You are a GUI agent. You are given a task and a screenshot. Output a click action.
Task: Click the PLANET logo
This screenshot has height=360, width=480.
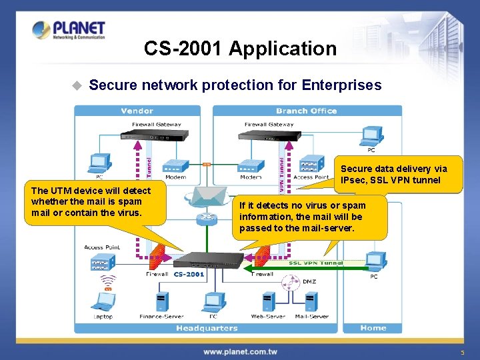click(x=69, y=31)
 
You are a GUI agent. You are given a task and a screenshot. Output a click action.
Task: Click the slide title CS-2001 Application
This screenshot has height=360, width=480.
click(x=240, y=49)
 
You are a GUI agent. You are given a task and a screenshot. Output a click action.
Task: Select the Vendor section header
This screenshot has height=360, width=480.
click(x=137, y=111)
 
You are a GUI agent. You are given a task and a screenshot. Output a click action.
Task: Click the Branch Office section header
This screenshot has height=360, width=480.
click(x=306, y=111)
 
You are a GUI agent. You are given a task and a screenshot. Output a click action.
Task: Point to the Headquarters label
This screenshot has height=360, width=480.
click(x=207, y=328)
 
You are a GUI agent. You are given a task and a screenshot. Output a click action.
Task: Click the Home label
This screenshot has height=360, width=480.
click(x=373, y=327)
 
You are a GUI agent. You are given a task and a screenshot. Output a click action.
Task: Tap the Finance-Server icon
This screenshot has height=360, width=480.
click(x=161, y=301)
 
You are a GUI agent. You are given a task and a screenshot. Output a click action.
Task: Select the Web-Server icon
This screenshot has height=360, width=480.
click(x=269, y=301)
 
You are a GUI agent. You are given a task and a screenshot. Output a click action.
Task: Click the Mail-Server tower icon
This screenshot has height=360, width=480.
click(x=311, y=301)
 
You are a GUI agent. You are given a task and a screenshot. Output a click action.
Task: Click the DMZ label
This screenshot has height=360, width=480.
click(x=309, y=281)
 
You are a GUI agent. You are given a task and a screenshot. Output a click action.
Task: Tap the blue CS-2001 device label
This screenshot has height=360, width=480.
click(x=189, y=274)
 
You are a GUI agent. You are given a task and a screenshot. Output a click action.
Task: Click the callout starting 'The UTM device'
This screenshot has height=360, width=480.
click(x=91, y=202)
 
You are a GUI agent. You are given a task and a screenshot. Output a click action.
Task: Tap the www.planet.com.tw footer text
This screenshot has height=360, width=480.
click(x=241, y=351)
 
